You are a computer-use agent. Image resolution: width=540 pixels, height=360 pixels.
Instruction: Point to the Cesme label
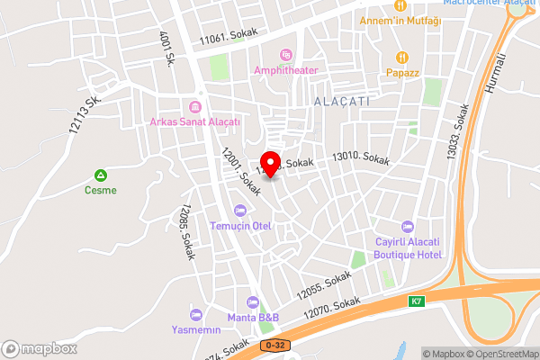click(x=102, y=190)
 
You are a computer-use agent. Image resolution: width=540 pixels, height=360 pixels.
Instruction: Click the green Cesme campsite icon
click(x=102, y=175)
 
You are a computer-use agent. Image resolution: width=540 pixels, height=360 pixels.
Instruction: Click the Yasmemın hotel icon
click(x=195, y=315)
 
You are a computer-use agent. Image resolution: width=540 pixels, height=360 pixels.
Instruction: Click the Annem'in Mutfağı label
click(x=400, y=20)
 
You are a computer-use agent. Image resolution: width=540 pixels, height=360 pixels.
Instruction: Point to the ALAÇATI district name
click(x=342, y=103)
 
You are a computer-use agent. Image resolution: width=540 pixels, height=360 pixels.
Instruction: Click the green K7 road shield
click(x=417, y=301)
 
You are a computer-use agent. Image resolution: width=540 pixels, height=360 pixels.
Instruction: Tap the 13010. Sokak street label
click(x=361, y=159)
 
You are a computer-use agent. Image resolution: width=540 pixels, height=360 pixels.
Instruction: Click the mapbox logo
click(x=39, y=348)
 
